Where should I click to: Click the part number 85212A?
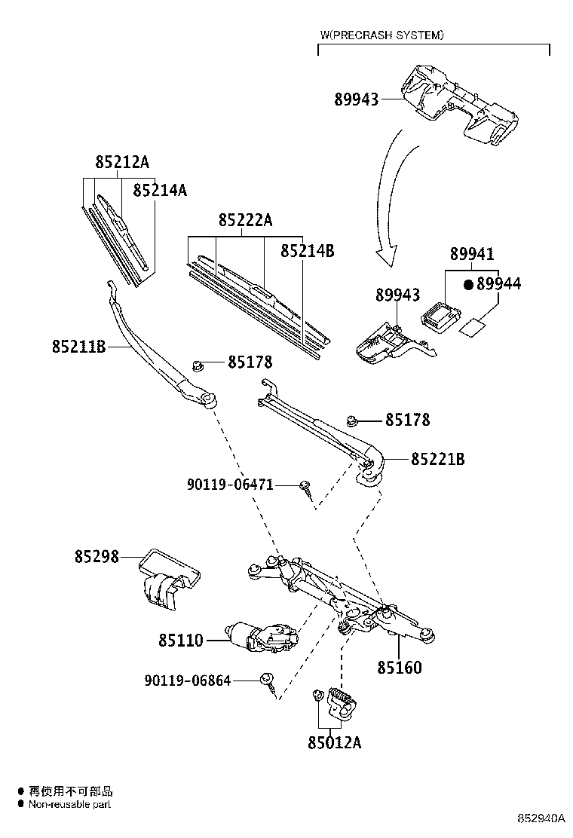(122, 162)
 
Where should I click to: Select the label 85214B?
(307, 251)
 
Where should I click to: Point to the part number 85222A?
(245, 220)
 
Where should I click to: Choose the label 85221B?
(437, 459)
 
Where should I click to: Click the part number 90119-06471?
(230, 485)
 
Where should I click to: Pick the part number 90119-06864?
(187, 680)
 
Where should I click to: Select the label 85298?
(97, 556)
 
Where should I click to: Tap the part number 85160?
(400, 668)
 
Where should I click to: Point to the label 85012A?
(334, 743)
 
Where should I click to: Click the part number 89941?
(473, 255)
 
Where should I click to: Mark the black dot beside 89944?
(467, 284)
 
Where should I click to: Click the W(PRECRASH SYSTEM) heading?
(381, 35)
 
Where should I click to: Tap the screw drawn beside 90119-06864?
(268, 683)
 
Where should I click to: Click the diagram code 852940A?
(540, 818)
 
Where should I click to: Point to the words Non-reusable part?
(70, 805)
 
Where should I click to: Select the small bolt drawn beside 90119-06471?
(306, 488)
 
